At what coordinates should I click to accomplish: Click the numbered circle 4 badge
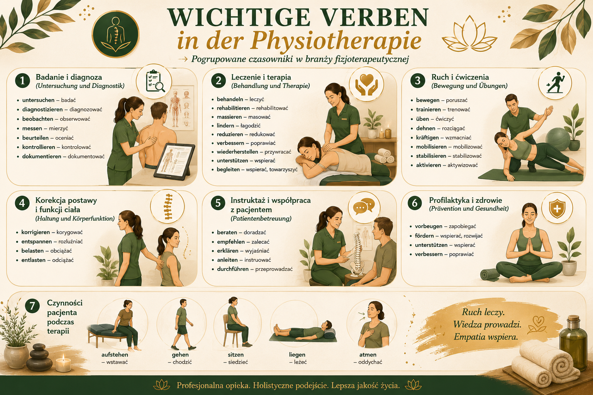tap(22, 203)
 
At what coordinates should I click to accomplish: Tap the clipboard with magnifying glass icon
tap(155, 81)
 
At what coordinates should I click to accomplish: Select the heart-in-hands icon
tap(367, 84)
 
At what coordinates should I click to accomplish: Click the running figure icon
tap(555, 83)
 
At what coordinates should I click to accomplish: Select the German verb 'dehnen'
tap(426, 128)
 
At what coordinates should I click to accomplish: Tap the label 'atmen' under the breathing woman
tap(368, 354)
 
